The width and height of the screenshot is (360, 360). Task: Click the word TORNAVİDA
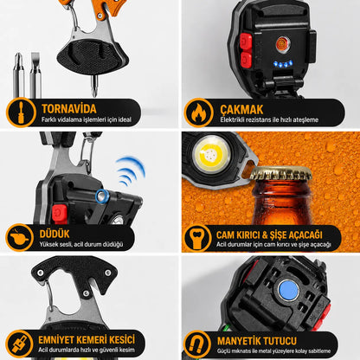point(69,109)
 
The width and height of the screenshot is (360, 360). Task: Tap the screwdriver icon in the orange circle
point(21,112)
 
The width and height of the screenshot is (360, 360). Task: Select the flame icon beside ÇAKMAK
point(198,112)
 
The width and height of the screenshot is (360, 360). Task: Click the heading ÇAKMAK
point(241,110)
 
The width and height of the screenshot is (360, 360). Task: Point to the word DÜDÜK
point(55,234)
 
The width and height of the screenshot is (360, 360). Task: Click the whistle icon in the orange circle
point(19,237)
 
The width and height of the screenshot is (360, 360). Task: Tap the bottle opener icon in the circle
point(198,238)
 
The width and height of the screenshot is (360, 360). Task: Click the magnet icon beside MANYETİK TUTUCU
point(197,344)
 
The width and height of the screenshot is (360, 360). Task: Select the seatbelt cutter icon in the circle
point(20,344)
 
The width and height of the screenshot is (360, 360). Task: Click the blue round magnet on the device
point(288,291)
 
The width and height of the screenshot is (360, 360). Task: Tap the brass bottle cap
point(281,174)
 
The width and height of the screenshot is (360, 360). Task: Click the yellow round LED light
point(212,154)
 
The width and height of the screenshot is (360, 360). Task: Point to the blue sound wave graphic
point(131,170)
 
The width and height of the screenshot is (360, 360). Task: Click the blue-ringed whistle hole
point(102,196)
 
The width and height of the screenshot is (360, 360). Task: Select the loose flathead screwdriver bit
point(35,75)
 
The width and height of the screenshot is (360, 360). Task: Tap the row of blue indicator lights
point(283,64)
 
